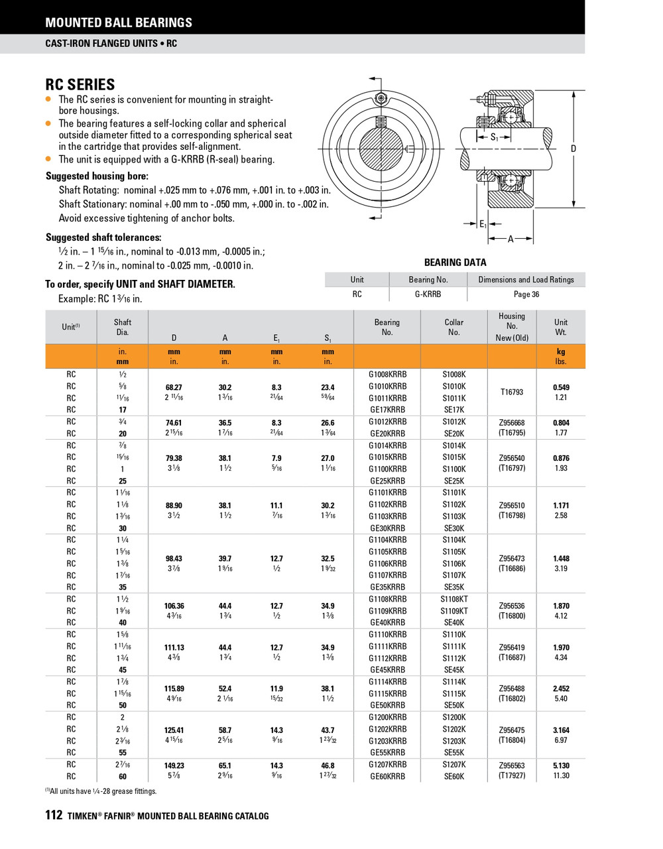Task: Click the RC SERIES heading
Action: (80, 84)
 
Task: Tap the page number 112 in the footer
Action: (53, 815)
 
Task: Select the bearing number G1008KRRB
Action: (387, 374)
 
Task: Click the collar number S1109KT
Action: (454, 611)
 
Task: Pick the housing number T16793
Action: (511, 392)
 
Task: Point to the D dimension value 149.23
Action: (174, 765)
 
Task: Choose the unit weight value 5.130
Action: (561, 765)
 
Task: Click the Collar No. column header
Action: (454, 327)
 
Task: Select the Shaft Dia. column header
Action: (123, 327)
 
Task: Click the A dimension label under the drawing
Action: (511, 239)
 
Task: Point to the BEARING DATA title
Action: (455, 263)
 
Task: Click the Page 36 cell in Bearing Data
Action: (526, 294)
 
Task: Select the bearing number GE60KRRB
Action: (387, 776)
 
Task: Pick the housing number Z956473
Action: (511, 558)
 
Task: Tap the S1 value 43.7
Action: (328, 730)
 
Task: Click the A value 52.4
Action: (225, 688)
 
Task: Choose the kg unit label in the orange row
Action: (561, 352)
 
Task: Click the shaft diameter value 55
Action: (123, 753)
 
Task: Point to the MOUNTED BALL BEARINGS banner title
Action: (119, 23)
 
